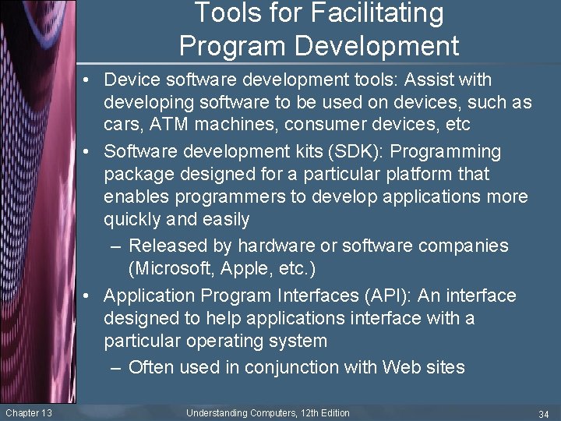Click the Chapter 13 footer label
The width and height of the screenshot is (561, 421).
pyautogui.click(x=28, y=412)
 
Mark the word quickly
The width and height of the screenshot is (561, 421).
pyautogui.click(x=132, y=219)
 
